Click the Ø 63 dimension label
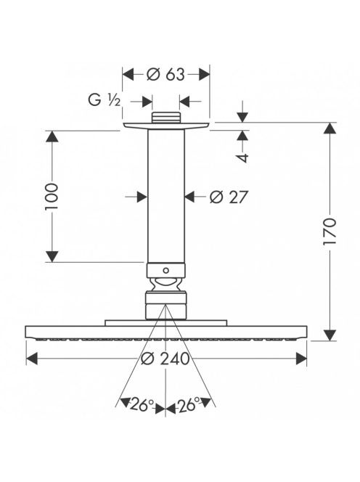[165, 75]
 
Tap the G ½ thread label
[105, 100]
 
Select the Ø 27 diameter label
[229, 197]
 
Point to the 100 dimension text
[52, 197]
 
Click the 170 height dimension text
[330, 232]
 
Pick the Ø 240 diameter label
[165, 359]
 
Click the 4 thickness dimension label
[242, 158]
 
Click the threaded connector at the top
[165, 118]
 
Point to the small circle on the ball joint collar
[166, 271]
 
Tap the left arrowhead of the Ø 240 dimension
[32, 359]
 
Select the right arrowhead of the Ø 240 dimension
[301, 359]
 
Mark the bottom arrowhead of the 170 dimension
[330, 335]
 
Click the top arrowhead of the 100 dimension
[52, 136]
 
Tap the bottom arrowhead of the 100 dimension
[52, 257]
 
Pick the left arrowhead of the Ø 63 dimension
[128, 75]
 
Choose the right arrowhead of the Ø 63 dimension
[204, 75]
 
